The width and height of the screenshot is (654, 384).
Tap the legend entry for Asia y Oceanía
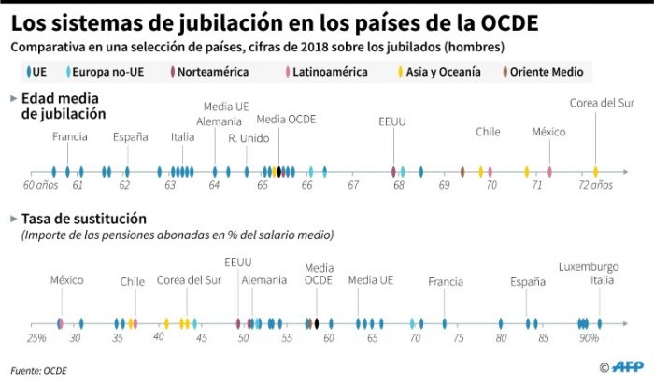pyautogui.click(x=442, y=71)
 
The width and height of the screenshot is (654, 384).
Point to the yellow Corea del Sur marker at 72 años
pyautogui.click(x=595, y=172)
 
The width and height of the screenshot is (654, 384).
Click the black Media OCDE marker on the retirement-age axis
pyautogui.click(x=278, y=172)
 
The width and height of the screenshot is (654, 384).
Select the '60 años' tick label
pyautogui.click(x=40, y=186)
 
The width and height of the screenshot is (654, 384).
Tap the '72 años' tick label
pyautogui.click(x=595, y=186)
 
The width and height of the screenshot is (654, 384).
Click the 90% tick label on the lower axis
pyautogui.click(x=589, y=337)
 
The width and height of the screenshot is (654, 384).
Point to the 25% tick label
pyautogui.click(x=36, y=337)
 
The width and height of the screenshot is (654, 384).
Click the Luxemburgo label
pyautogui.click(x=589, y=266)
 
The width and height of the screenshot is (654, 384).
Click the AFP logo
pyautogui.click(x=626, y=367)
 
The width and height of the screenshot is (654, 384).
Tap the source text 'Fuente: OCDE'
pyautogui.click(x=39, y=370)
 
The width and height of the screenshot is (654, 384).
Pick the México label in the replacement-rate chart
pyautogui.click(x=66, y=280)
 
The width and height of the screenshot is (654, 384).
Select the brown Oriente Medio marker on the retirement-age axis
pyautogui.click(x=462, y=172)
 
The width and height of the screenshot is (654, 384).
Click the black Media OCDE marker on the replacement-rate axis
pyautogui.click(x=317, y=323)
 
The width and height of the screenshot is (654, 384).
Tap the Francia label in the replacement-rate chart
pyautogui.click(x=446, y=281)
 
